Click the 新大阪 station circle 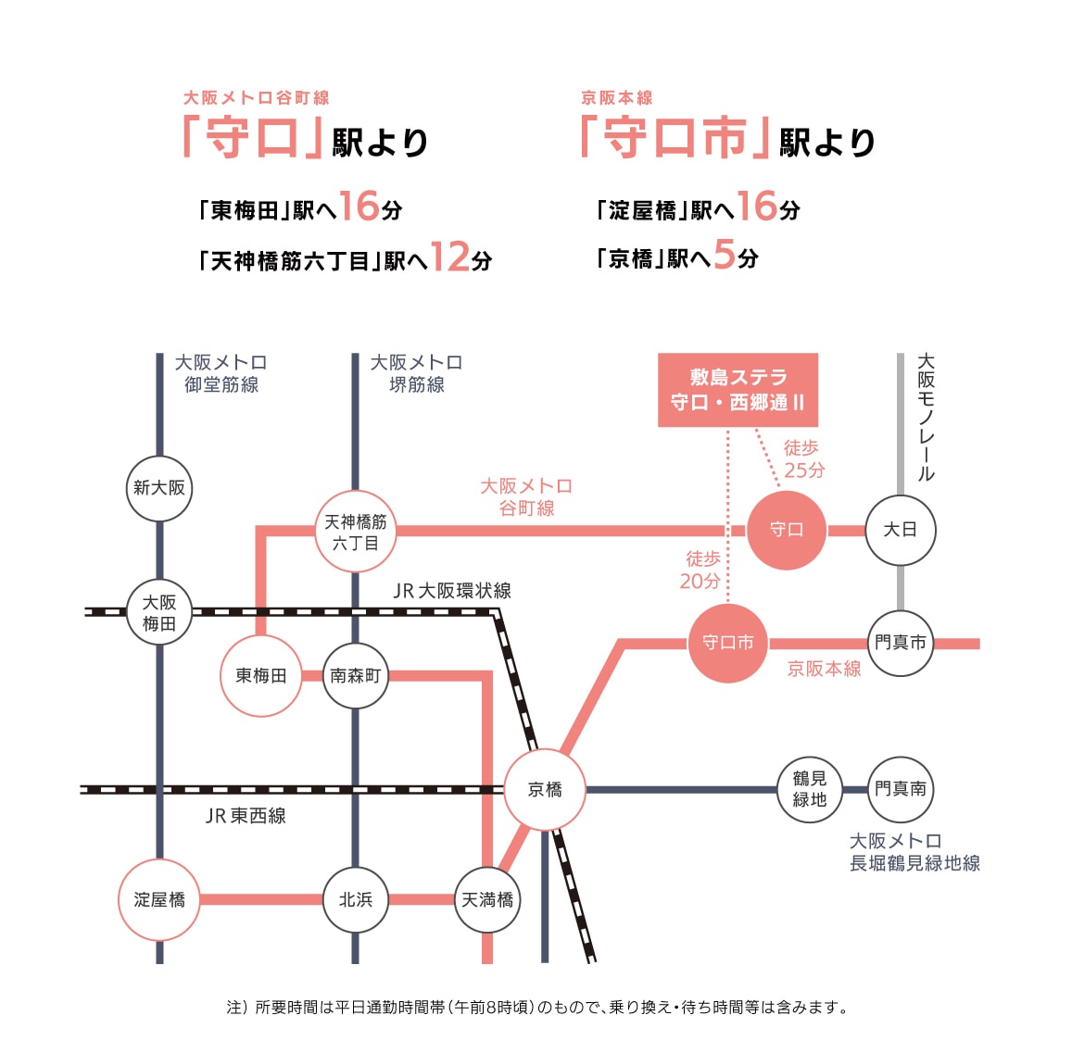(159, 488)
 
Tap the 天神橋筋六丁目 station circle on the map (356, 532)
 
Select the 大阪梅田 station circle (159, 612)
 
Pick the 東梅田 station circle (261, 676)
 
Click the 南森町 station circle (356, 676)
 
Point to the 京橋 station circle (545, 790)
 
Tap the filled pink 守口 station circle (787, 531)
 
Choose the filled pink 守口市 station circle (728, 643)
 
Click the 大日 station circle (900, 531)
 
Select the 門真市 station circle (900, 643)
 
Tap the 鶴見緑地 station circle (809, 789)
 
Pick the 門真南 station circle (900, 789)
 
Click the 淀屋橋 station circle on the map (159, 899)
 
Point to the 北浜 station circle (356, 899)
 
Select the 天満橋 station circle (487, 899)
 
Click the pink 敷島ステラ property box (738, 390)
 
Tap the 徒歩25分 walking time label (802, 459)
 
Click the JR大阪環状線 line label (452, 591)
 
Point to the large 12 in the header (450, 257)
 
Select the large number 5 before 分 (724, 254)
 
